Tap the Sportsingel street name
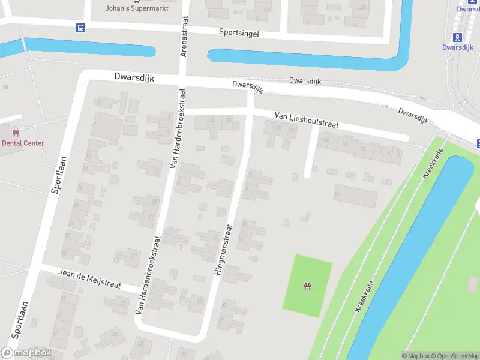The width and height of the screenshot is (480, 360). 239,34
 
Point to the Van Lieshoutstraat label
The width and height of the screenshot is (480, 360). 307,121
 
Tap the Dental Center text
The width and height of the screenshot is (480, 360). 23,143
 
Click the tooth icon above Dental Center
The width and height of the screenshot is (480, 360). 16,133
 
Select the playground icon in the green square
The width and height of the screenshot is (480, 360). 308,286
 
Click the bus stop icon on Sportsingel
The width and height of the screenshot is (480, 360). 80,27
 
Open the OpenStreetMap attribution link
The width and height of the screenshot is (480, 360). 453,356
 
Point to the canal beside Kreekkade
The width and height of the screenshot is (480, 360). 414,252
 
